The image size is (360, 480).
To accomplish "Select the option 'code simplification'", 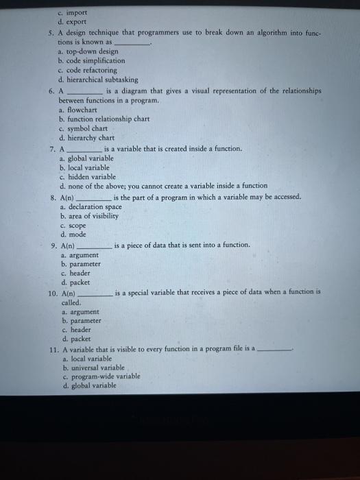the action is (x=97, y=60).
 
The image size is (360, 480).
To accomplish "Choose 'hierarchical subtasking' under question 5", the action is (x=102, y=80).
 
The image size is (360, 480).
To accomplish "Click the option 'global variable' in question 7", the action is (x=90, y=158).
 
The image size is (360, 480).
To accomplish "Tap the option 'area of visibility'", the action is (x=93, y=216).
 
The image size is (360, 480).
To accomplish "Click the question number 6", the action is (x=52, y=91).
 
